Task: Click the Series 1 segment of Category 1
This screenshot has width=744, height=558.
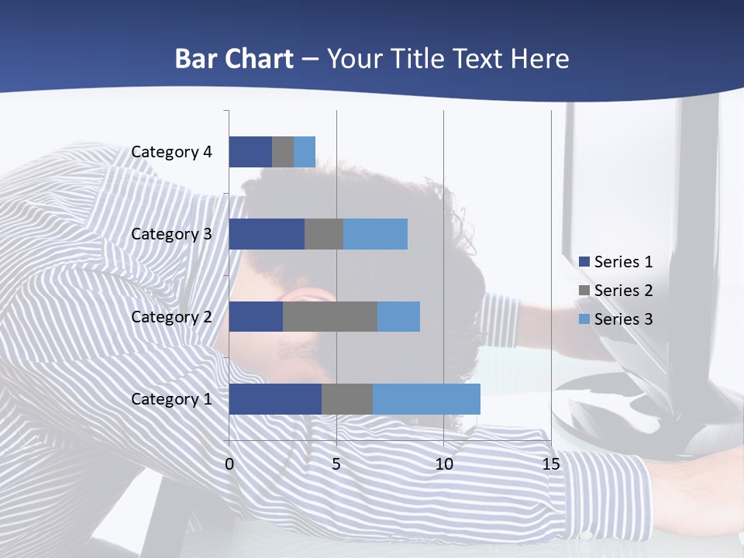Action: [x=275, y=398]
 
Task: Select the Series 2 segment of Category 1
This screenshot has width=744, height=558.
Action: [x=347, y=398]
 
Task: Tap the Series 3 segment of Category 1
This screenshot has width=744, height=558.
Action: [x=426, y=398]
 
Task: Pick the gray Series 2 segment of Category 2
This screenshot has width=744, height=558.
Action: [x=330, y=316]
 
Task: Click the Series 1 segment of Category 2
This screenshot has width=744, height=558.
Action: [x=256, y=316]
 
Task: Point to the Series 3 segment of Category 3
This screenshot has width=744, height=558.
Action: [x=375, y=234]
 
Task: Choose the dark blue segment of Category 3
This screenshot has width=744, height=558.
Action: [x=267, y=234]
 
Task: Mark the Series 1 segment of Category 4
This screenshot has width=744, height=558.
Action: [x=250, y=152]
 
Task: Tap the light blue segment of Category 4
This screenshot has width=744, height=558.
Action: [x=305, y=152]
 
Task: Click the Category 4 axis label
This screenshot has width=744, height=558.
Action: [x=171, y=152]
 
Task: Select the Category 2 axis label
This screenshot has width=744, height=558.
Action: [x=171, y=316]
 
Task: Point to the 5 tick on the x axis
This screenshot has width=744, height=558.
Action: [x=336, y=464]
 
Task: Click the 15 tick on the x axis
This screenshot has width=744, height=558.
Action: [x=550, y=464]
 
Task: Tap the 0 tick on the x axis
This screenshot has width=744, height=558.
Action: [x=229, y=464]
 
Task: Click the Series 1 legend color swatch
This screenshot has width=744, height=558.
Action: [x=584, y=262]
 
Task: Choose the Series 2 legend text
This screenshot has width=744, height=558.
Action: [x=623, y=291]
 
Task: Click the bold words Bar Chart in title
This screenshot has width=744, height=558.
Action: [x=234, y=59]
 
